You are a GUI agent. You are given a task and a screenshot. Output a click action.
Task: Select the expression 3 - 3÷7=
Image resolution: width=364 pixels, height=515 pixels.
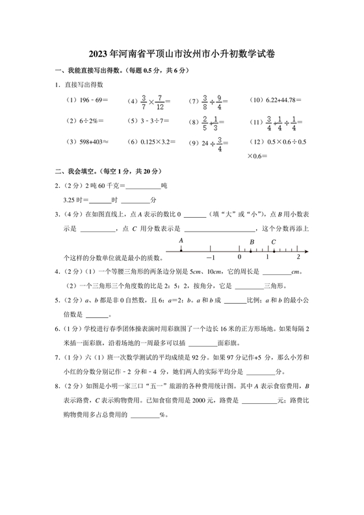[x=153, y=121]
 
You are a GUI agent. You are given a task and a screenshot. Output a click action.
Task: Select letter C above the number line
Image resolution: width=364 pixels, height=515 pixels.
[x=273, y=242]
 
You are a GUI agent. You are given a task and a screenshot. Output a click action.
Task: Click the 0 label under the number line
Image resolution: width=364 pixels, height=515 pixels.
[x=239, y=258]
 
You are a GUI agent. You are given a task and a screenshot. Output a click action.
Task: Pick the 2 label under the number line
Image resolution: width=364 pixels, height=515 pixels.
[x=298, y=258]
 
